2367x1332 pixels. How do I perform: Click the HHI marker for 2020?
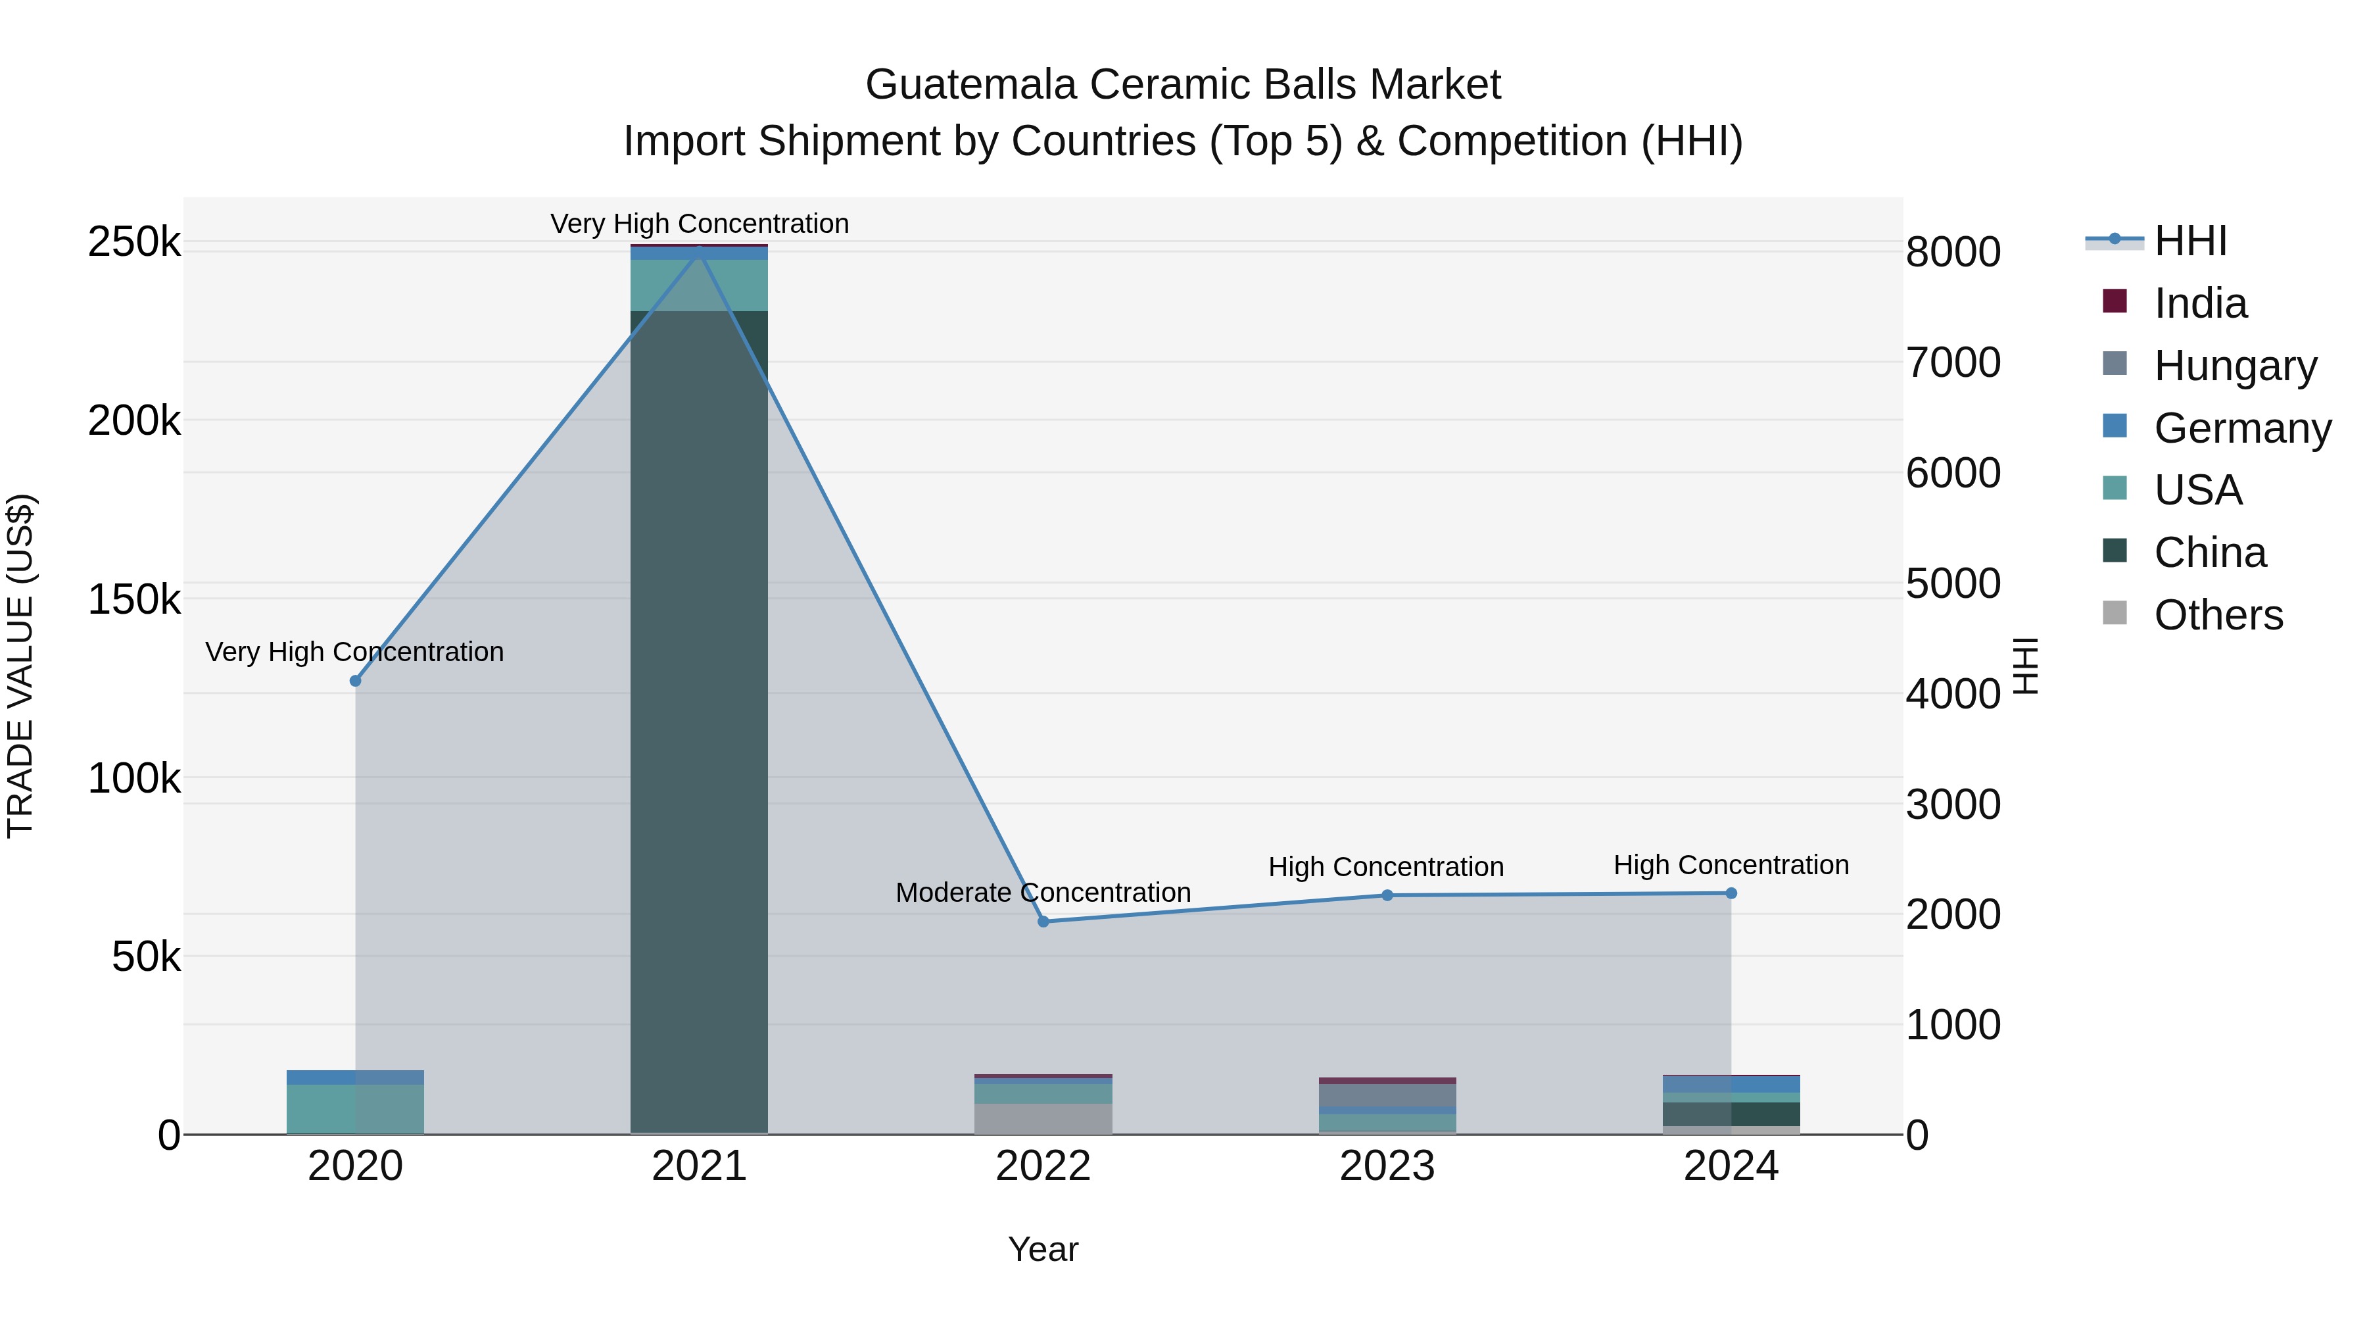pyautogui.click(x=356, y=680)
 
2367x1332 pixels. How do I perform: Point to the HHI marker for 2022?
pyautogui.click(x=1043, y=921)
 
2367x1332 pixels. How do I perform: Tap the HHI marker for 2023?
pyautogui.click(x=1387, y=895)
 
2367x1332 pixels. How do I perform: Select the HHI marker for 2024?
pyautogui.click(x=1731, y=893)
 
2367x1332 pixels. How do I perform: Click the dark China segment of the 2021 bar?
pyautogui.click(x=698, y=717)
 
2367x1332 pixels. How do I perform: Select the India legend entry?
pyautogui.click(x=2200, y=303)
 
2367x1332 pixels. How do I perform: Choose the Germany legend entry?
pyautogui.click(x=2241, y=428)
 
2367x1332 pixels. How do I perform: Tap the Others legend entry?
pyautogui.click(x=2217, y=615)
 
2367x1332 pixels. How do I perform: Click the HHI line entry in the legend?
pyautogui.click(x=2189, y=241)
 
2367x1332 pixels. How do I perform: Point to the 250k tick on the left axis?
pyautogui.click(x=134, y=243)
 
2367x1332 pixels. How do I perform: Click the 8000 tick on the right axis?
pyautogui.click(x=1953, y=252)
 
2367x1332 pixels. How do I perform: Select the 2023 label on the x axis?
pyautogui.click(x=1387, y=1166)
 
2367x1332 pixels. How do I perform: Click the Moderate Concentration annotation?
pyautogui.click(x=1043, y=893)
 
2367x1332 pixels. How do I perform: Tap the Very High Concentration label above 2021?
pyautogui.click(x=700, y=224)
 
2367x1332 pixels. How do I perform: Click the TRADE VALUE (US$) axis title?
pyautogui.click(x=20, y=666)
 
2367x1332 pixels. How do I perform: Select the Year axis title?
pyautogui.click(x=1043, y=1249)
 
